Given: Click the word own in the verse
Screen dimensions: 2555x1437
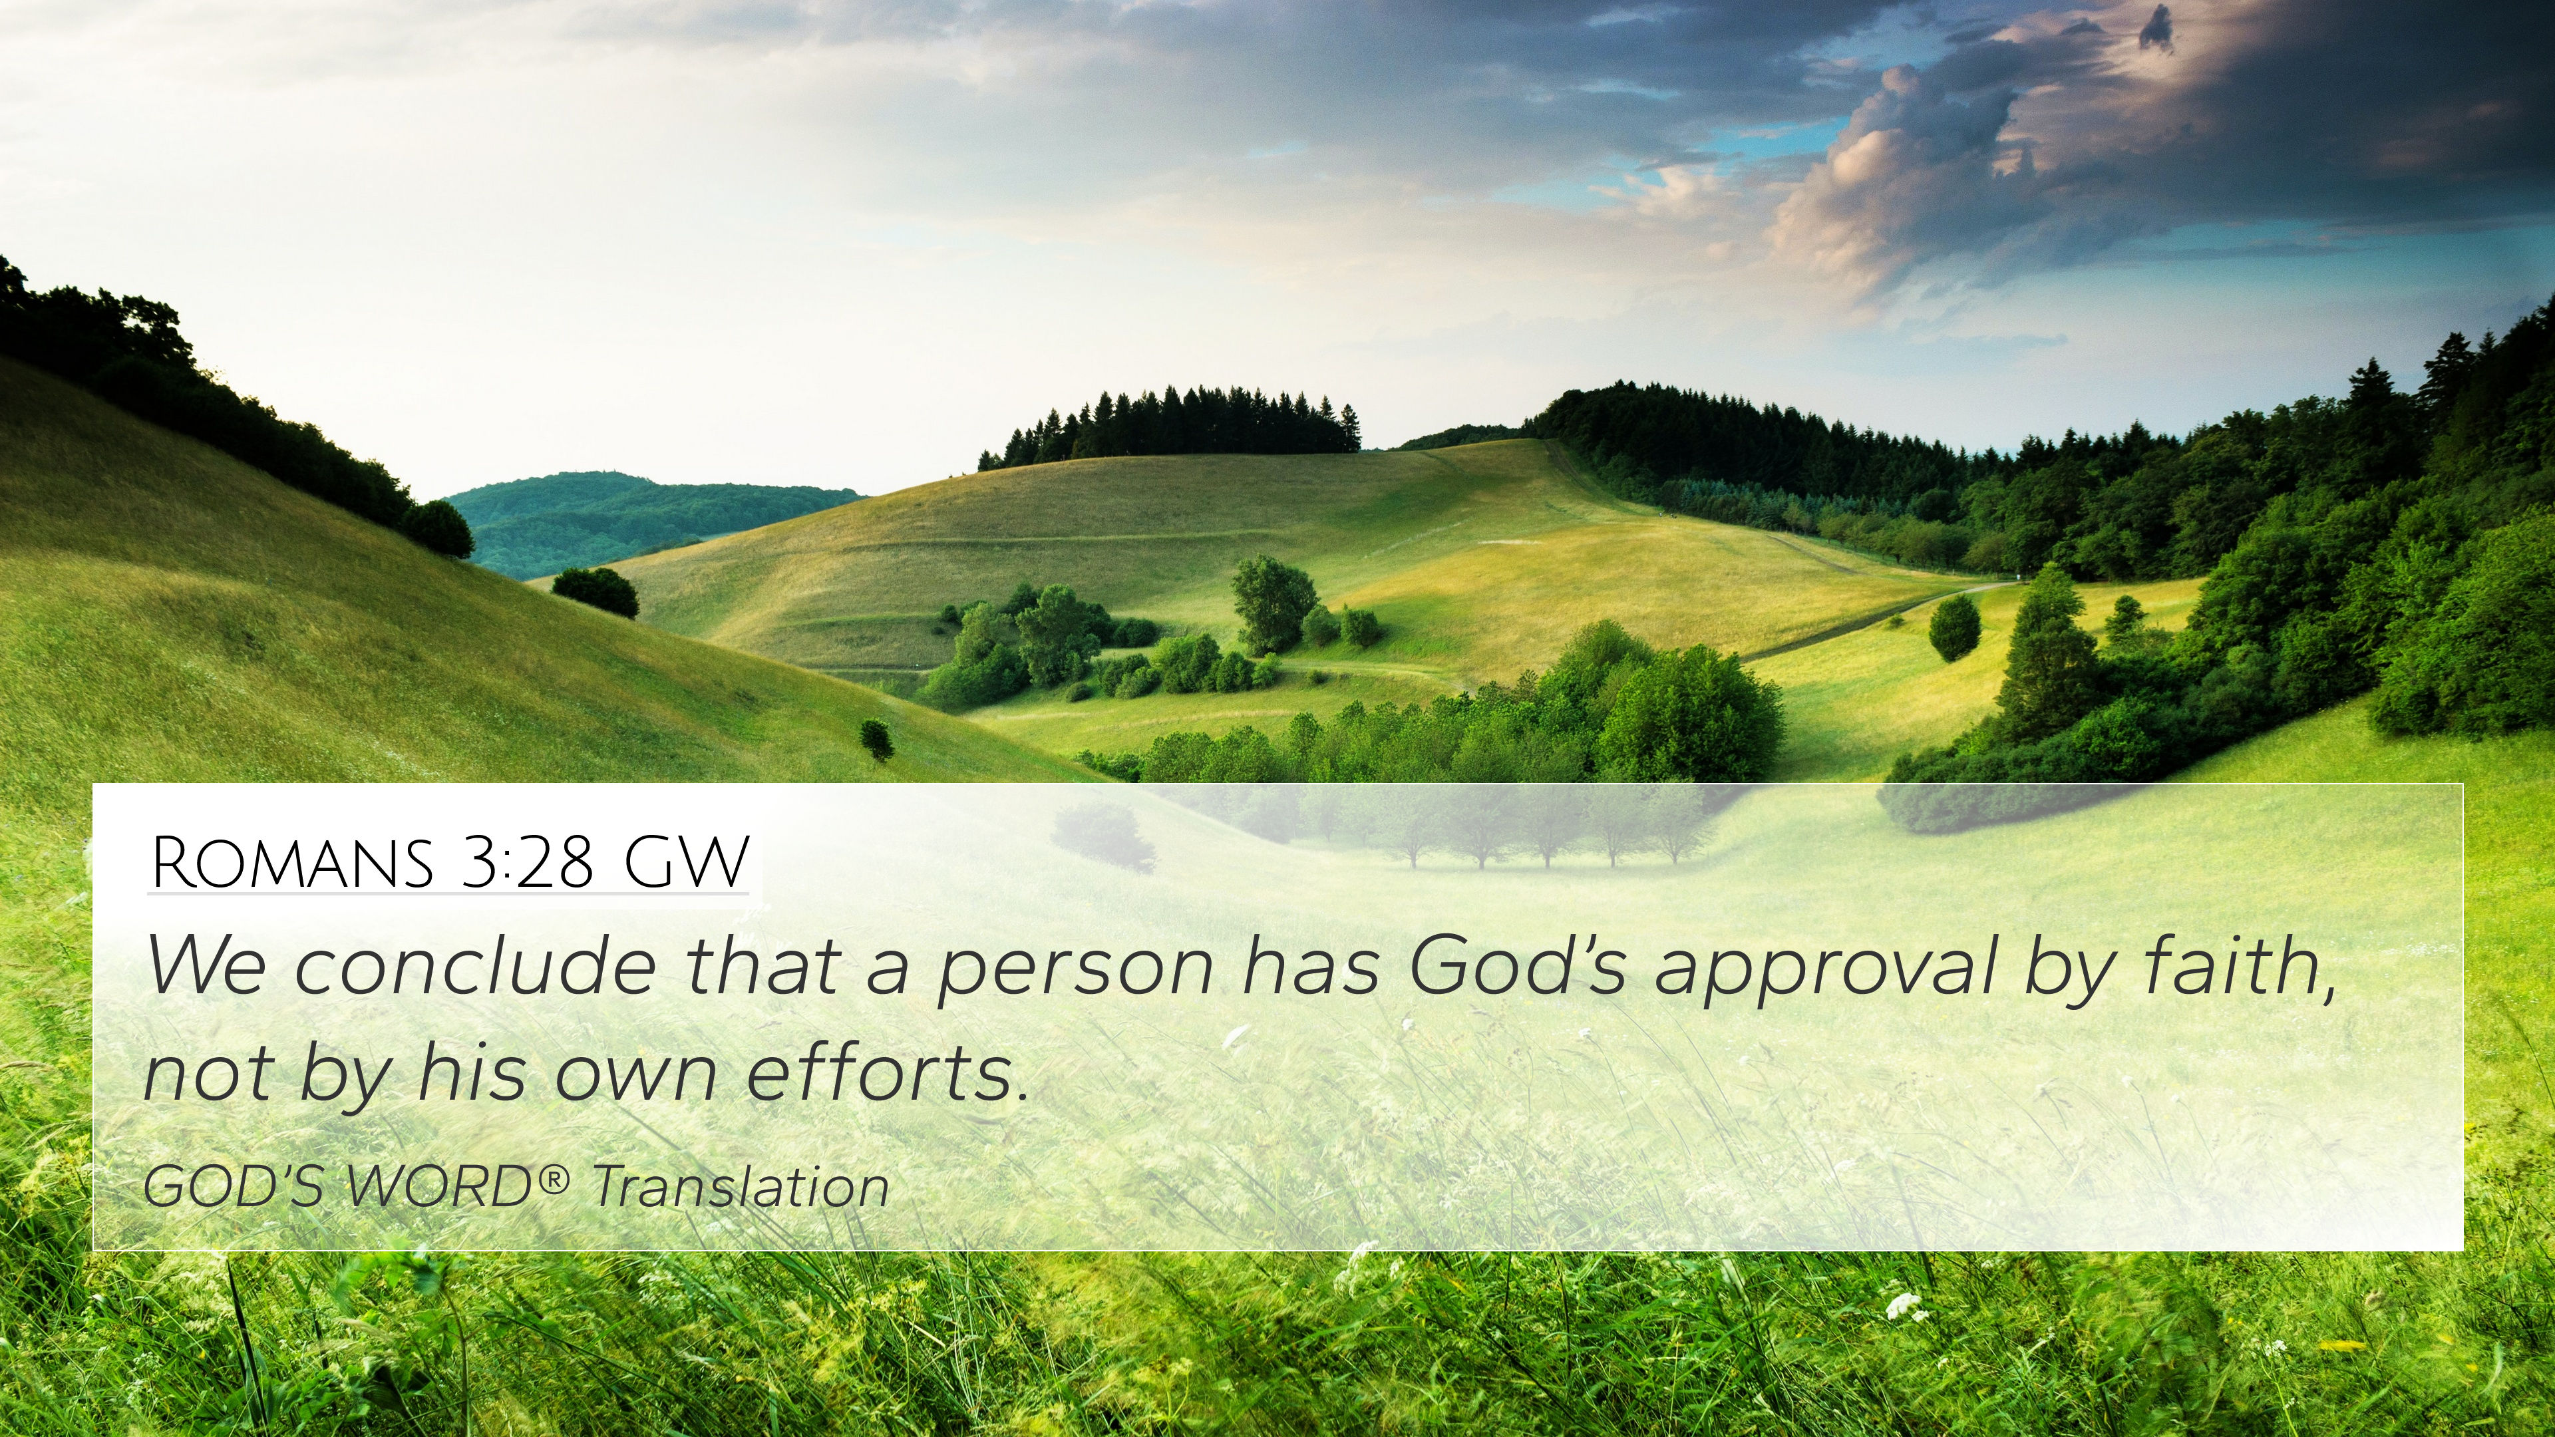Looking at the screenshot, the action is (635, 1081).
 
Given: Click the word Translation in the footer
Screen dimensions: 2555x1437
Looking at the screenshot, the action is (740, 1186).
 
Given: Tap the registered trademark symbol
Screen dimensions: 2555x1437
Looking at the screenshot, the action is (556, 1178).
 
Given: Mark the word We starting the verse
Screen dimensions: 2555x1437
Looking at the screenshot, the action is (206, 966).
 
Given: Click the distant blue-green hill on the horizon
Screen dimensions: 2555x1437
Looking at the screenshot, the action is (635, 521).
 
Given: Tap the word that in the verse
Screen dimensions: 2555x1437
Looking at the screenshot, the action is (760, 966).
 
